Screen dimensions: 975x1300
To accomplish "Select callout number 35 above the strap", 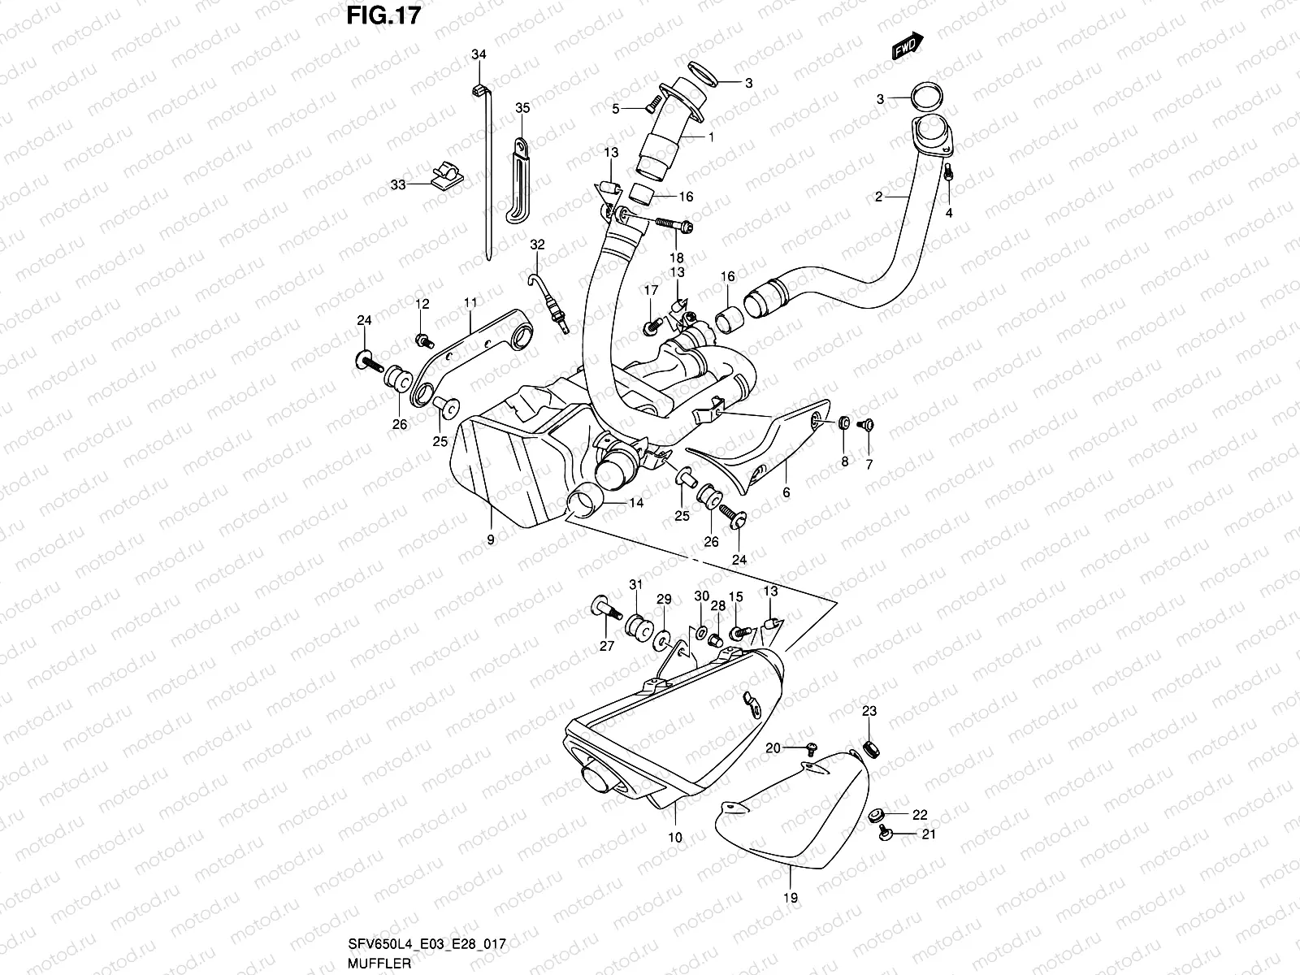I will pos(522,108).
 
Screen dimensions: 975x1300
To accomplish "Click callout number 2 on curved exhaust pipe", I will pos(878,197).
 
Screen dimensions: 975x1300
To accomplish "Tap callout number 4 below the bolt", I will pos(948,213).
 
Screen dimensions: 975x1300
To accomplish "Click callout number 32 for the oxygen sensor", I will pos(536,244).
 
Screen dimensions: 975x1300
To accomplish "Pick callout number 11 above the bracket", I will pos(470,303).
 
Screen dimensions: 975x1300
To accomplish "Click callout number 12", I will pos(422,304).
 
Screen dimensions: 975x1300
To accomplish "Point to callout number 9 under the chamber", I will pos(490,539).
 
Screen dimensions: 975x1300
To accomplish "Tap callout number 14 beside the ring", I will pos(635,504).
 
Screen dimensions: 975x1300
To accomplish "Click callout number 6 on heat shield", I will pos(786,492).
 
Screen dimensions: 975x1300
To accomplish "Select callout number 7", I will pos(869,463).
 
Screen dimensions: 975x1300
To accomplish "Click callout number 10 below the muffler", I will pos(675,837).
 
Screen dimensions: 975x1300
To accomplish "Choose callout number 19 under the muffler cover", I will pos(791,898).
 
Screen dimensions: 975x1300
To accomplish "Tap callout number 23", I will pos(869,712).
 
